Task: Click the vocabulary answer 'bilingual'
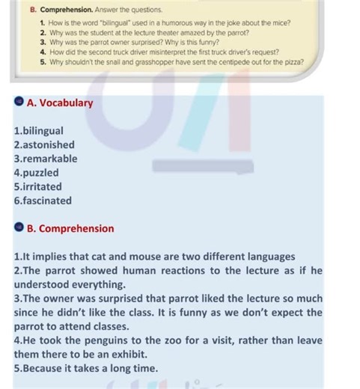[41, 131]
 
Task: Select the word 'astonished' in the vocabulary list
[46, 144]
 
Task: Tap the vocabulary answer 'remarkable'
[48, 159]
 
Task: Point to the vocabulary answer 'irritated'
[41, 186]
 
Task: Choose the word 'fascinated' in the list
[46, 200]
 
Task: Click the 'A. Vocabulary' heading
[60, 102]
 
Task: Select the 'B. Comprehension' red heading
[70, 228]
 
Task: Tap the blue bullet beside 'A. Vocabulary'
[18, 102]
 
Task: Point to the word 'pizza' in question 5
[294, 63]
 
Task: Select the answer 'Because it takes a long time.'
[86, 368]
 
